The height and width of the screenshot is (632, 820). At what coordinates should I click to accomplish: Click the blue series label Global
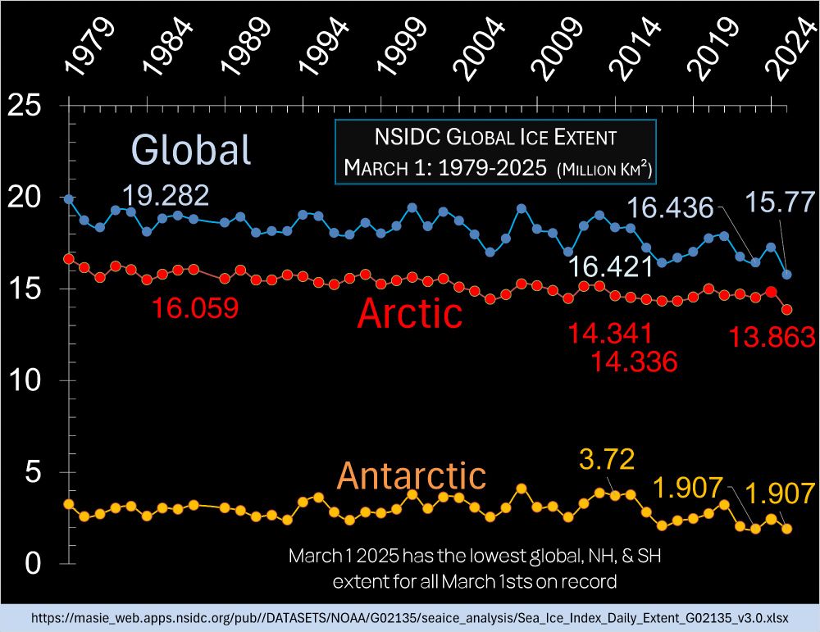click(191, 150)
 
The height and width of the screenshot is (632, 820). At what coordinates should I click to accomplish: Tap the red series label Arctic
click(410, 312)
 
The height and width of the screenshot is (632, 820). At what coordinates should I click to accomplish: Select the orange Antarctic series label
click(411, 475)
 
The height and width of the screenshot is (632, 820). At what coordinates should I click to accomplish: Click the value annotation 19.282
click(166, 195)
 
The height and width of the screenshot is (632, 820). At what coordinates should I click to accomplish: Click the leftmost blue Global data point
click(69, 199)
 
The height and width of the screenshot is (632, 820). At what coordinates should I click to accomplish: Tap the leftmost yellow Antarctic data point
click(69, 504)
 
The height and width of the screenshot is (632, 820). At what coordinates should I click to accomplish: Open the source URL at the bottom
click(410, 617)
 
